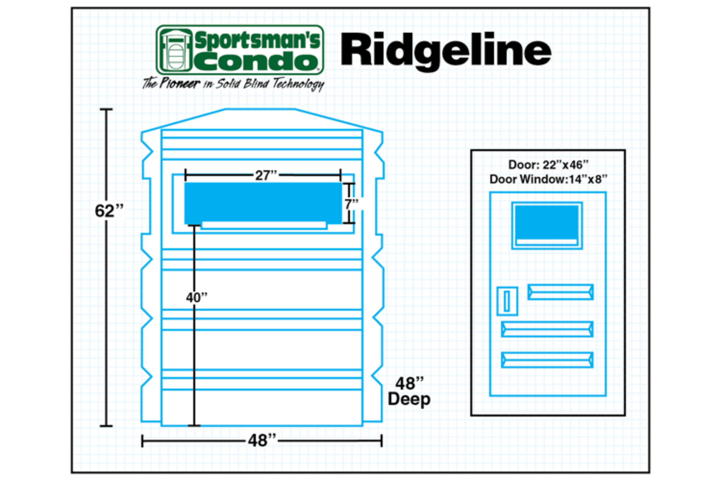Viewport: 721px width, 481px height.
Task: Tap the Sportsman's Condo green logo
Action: click(240, 50)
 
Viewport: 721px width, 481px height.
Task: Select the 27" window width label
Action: click(266, 175)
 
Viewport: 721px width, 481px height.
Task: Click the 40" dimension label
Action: click(197, 298)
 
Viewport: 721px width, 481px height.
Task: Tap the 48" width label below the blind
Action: click(262, 440)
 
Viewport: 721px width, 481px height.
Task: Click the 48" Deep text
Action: click(409, 391)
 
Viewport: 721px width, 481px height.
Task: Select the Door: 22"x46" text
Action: click(548, 165)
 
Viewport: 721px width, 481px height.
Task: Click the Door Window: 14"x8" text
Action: click(548, 179)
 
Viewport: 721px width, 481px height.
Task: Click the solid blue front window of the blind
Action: click(263, 203)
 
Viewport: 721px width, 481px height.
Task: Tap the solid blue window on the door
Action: click(547, 222)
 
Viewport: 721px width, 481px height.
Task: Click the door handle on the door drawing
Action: click(507, 301)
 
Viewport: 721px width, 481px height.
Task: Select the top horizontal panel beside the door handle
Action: click(560, 292)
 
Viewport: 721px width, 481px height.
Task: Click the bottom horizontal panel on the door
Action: click(547, 360)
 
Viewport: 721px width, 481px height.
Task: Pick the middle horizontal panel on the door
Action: click(547, 329)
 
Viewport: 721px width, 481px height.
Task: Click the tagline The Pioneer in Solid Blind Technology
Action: click(233, 84)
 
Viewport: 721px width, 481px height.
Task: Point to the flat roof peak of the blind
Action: click(260, 110)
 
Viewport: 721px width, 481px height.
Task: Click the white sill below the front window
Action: click(264, 225)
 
